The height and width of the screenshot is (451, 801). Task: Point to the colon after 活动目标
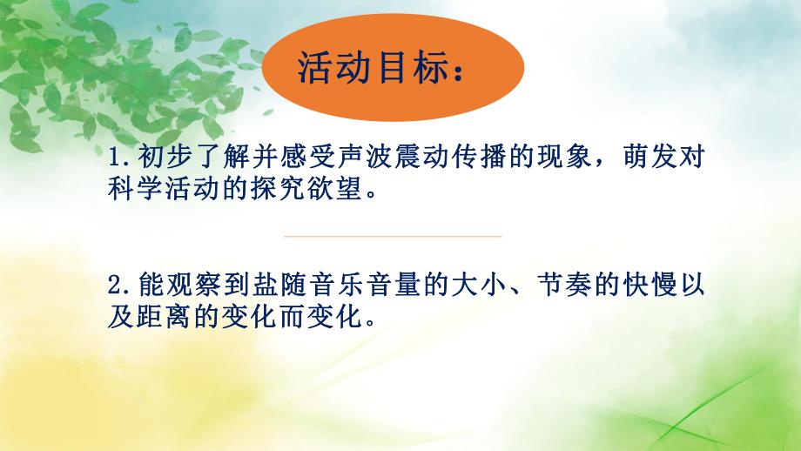[460, 70]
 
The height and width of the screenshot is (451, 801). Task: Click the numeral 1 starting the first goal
[117, 160]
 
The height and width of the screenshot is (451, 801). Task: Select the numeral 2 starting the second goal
[117, 284]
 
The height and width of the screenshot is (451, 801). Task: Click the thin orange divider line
[393, 236]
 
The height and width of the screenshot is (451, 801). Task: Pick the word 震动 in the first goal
[423, 160]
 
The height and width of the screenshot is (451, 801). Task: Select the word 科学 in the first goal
[131, 190]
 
